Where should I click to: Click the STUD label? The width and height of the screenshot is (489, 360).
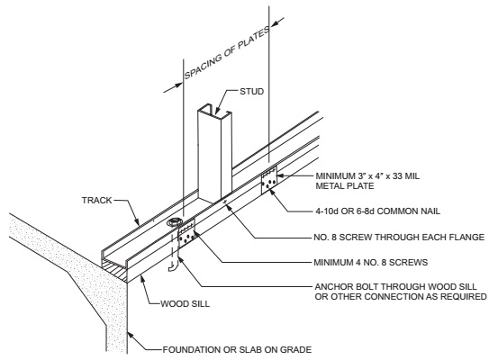point(251,91)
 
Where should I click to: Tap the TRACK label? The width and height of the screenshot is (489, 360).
point(96,200)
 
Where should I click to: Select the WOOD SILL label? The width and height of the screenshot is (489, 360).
point(185,303)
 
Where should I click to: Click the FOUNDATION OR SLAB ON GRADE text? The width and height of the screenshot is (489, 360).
point(237,350)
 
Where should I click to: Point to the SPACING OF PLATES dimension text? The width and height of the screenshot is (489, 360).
point(227,53)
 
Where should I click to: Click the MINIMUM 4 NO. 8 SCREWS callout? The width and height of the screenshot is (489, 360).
point(371,262)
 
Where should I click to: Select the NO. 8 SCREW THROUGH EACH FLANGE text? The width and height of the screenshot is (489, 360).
point(399,238)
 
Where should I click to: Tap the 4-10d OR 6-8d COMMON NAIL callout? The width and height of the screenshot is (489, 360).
point(377,211)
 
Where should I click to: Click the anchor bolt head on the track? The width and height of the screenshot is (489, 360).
point(174,223)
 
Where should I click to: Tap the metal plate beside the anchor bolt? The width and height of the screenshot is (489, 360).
point(186,234)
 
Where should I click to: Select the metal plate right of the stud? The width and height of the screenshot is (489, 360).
point(269,180)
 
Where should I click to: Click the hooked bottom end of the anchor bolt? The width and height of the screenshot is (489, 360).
point(173,266)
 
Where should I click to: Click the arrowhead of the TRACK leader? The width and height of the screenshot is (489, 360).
point(136,221)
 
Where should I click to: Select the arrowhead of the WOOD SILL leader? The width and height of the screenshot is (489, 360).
point(142,278)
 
